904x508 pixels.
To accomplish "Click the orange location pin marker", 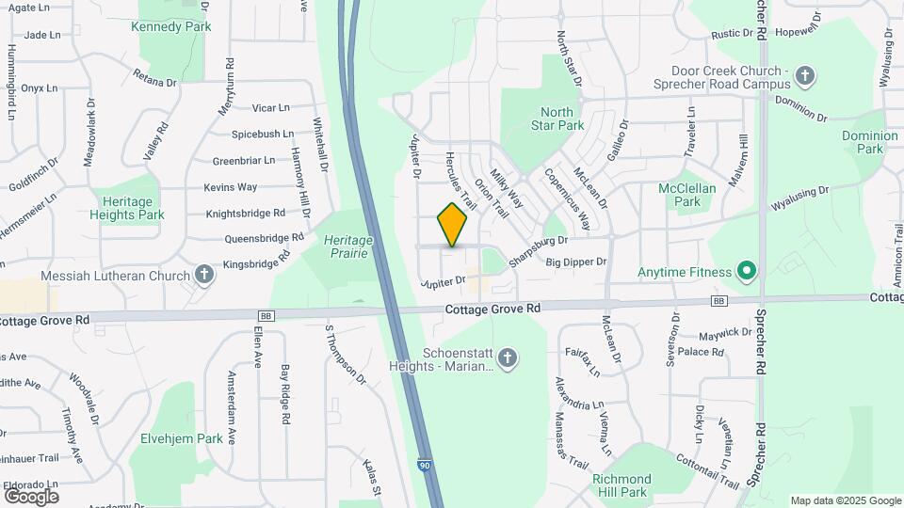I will click(452, 225).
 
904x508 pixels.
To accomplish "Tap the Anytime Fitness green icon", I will click(747, 273).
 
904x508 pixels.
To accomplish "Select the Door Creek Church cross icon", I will click(804, 74).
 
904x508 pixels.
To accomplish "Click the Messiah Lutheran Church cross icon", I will click(202, 276).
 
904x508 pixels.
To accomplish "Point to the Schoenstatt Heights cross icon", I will click(508, 357).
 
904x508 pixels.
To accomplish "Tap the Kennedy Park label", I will click(172, 26).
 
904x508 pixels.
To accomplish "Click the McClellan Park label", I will click(680, 195).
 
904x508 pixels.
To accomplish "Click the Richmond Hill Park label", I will click(621, 485).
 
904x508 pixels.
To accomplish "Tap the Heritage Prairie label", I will click(348, 246).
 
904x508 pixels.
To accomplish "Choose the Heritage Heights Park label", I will click(127, 208).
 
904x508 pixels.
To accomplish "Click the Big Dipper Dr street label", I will click(576, 262).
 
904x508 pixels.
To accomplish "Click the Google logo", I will click(31, 496).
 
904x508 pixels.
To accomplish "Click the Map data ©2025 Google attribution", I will click(845, 500).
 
